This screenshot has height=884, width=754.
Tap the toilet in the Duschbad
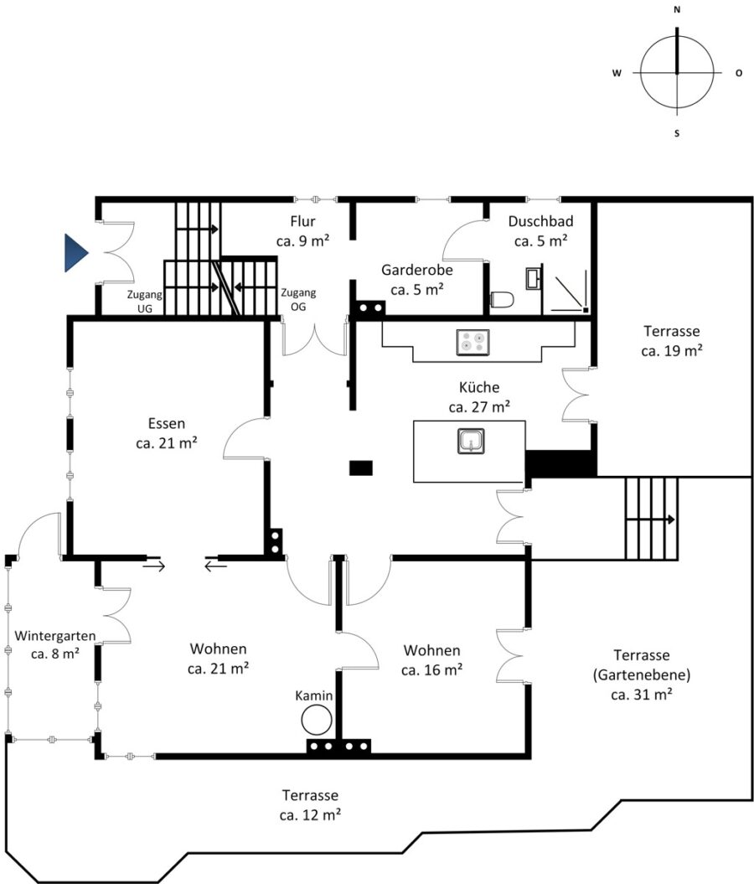click(x=502, y=299)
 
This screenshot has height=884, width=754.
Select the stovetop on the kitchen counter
click(x=473, y=342)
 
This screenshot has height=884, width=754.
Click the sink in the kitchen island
click(x=471, y=441)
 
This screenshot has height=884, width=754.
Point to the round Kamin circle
click(x=316, y=721)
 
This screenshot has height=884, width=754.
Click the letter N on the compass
click(x=677, y=9)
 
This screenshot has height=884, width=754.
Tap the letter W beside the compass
click(x=617, y=73)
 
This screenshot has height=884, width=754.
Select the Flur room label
click(x=302, y=231)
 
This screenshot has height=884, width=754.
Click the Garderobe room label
click(x=417, y=280)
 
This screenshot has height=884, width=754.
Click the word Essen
click(x=166, y=423)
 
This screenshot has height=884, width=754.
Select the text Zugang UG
click(x=145, y=301)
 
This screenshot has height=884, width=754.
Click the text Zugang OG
click(x=298, y=299)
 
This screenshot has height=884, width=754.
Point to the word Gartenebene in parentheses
click(x=641, y=675)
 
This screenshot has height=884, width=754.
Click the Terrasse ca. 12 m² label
click(x=310, y=805)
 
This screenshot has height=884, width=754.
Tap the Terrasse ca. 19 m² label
click(x=672, y=340)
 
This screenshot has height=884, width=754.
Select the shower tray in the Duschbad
click(x=570, y=294)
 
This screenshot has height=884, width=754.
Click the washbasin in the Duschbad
click(x=533, y=278)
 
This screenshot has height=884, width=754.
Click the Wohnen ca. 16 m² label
click(x=431, y=660)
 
